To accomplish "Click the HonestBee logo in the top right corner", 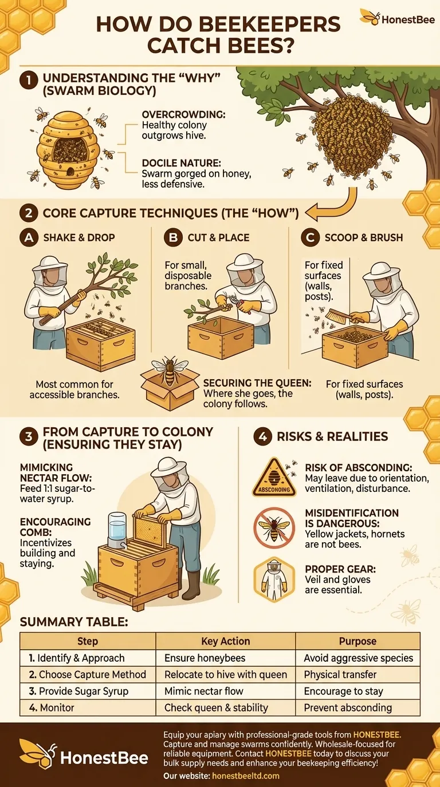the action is [397, 18].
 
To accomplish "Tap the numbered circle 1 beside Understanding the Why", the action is [29, 81].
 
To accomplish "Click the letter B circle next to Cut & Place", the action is [173, 237].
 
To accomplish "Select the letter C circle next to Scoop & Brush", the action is [310, 237].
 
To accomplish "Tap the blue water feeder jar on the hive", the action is [117, 531].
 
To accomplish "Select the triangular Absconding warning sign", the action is [274, 477].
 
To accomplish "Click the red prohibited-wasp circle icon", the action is [274, 528].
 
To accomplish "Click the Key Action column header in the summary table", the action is [225, 641].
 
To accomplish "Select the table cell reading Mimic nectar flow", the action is [225, 691].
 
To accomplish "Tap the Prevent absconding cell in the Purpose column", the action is [357, 707].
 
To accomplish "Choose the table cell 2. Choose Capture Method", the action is [88, 674].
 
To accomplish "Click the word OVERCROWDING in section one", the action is [183, 114].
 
